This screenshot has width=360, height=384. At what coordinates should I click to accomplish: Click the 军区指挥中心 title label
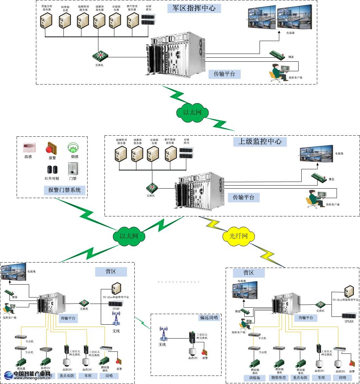click(194, 8)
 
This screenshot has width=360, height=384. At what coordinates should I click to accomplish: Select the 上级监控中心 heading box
click(260, 141)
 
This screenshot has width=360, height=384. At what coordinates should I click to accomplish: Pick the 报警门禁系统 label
click(64, 190)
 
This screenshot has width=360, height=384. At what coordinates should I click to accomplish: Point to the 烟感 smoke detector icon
click(73, 148)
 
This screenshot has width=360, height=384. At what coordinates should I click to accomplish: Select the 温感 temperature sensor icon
click(27, 148)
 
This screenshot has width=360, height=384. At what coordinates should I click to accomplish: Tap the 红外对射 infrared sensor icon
click(52, 170)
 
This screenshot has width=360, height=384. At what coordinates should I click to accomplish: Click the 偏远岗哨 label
click(209, 318)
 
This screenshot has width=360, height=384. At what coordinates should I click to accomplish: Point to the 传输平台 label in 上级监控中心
click(243, 197)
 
